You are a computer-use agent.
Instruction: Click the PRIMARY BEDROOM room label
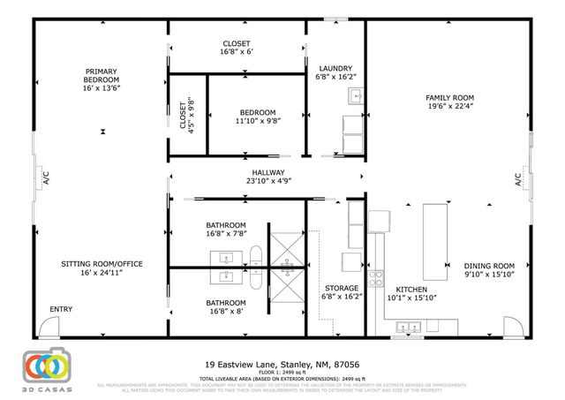(102, 79)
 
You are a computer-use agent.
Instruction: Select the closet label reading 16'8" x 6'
(236, 49)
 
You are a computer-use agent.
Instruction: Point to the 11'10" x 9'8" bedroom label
(257, 117)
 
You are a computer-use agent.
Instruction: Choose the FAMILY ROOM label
(449, 102)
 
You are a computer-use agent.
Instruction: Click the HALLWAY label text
(267, 177)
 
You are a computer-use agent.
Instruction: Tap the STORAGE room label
(341, 293)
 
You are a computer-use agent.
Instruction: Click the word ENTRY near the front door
(61, 309)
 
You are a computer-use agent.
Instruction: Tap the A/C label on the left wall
(41, 180)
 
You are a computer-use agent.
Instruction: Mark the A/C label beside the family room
(519, 180)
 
